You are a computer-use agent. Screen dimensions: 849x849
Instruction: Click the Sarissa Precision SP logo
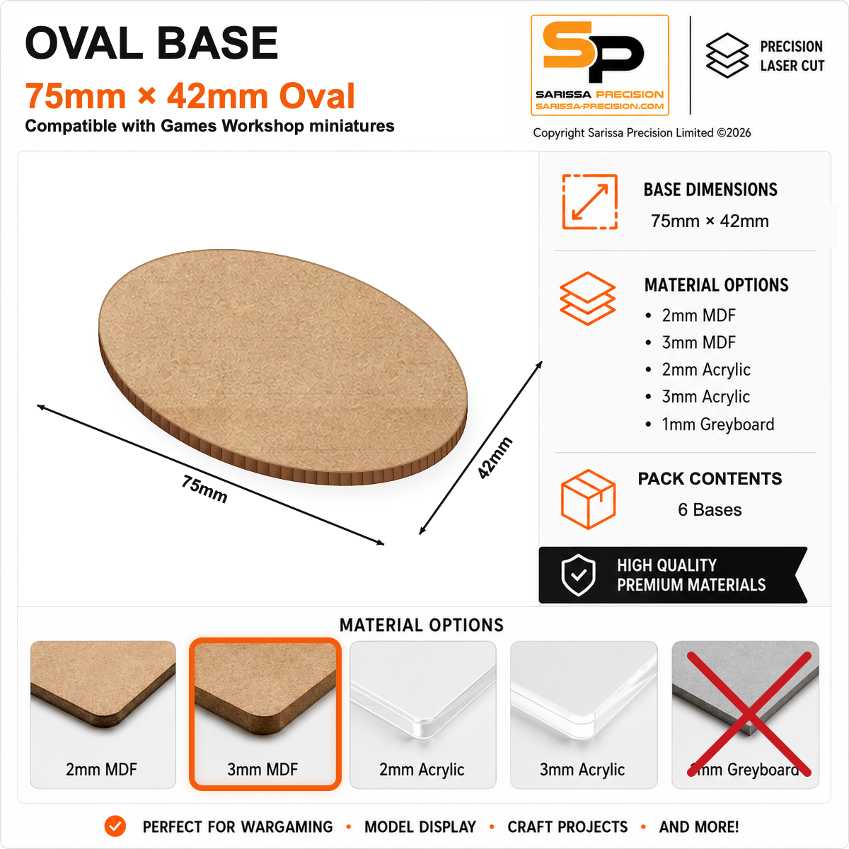point(600,65)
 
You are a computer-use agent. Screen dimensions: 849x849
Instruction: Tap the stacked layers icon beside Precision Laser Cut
point(727,55)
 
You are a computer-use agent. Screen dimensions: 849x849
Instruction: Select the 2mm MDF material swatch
point(103,714)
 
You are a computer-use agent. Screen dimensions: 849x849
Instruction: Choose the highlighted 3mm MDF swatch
point(265,714)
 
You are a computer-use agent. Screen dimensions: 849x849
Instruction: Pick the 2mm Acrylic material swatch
point(422,714)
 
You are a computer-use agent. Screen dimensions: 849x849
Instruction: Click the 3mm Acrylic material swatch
point(583,714)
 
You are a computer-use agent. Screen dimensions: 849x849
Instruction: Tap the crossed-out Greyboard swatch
point(745,714)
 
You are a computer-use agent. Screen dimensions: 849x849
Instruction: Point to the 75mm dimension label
point(204,489)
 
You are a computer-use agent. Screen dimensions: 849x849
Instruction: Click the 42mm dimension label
point(495,458)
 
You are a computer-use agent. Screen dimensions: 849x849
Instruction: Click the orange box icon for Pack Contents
point(588,499)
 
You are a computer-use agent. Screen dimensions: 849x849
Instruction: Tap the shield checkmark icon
point(579,575)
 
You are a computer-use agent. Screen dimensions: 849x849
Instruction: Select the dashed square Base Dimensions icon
point(590,202)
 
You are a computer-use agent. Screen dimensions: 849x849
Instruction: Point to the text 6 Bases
point(710,509)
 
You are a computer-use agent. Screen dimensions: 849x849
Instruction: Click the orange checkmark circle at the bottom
point(115,826)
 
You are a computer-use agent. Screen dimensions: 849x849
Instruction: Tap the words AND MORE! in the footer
point(699,827)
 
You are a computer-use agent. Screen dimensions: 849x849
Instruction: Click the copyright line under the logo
point(642,132)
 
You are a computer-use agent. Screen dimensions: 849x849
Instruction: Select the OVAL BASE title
point(151,42)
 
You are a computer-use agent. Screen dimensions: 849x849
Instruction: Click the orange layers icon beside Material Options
point(588,299)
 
